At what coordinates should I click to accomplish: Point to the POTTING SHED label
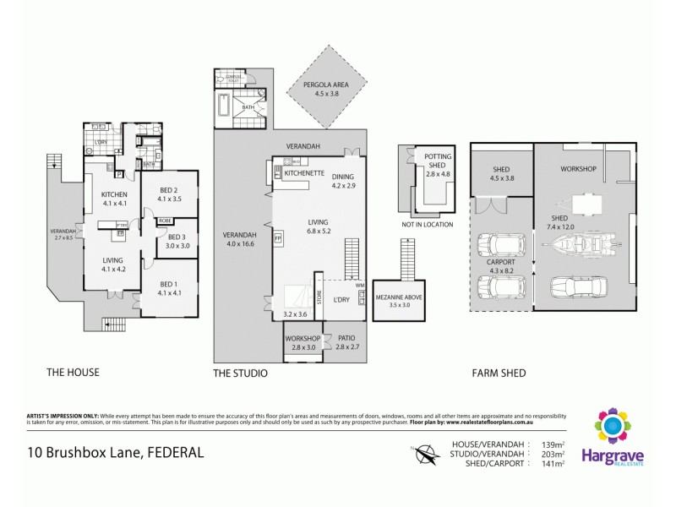tap(438, 165)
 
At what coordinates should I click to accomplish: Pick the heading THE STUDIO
tap(241, 373)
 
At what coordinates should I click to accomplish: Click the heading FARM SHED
tap(499, 373)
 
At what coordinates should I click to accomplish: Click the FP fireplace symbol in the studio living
tap(277, 239)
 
